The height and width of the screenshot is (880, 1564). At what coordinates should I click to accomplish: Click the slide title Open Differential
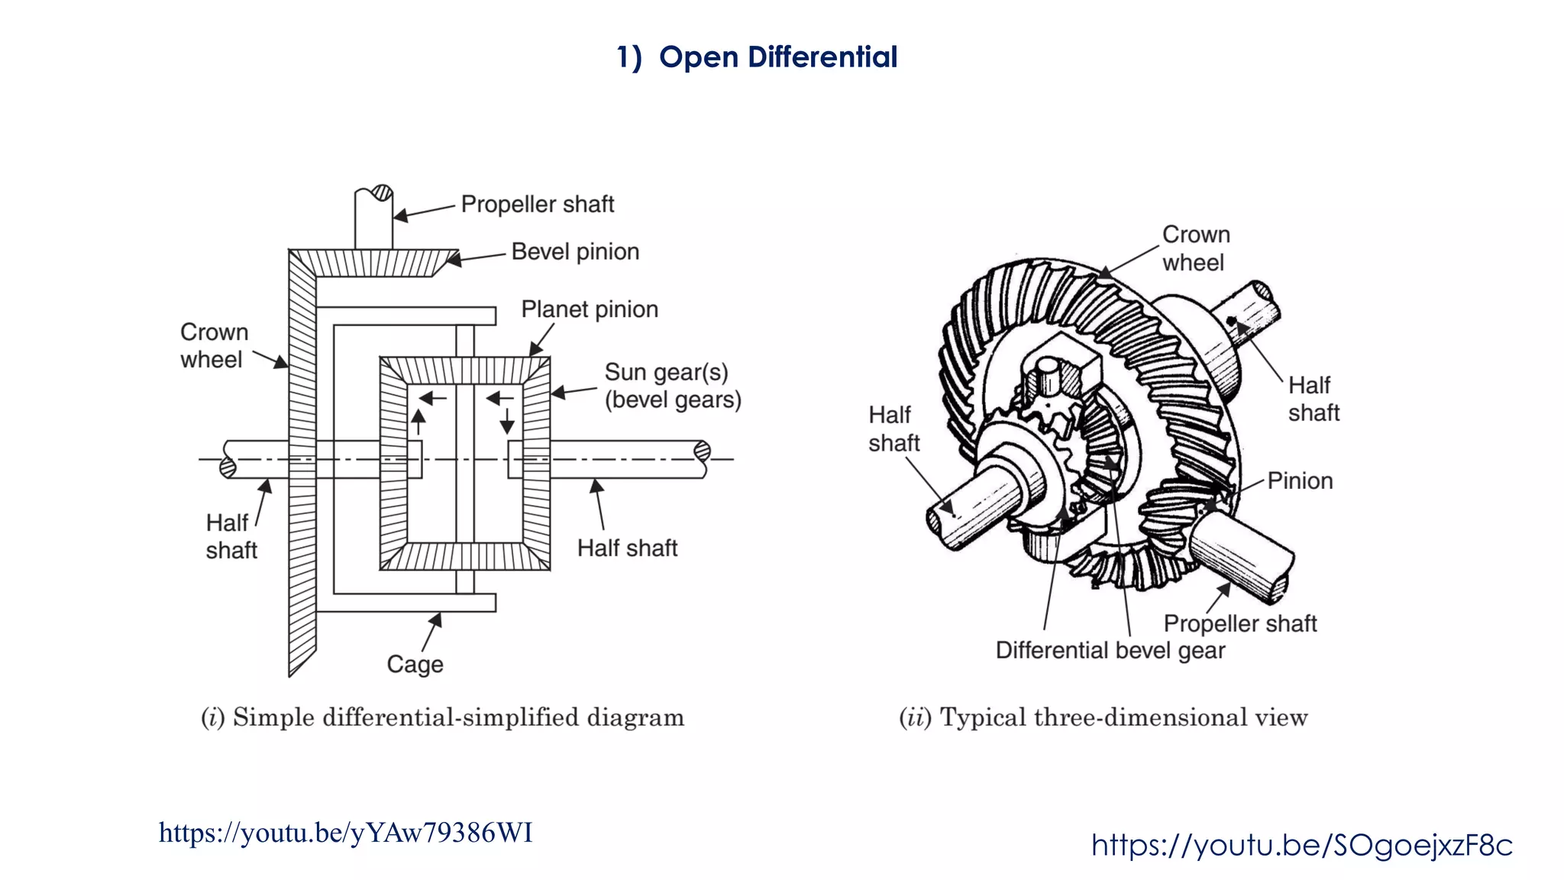[x=757, y=57]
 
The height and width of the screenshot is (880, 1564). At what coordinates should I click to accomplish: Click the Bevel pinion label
[x=575, y=251]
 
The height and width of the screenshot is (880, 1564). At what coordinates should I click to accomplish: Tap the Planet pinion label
[x=589, y=309]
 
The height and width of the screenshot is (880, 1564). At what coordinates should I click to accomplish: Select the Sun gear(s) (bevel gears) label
[x=672, y=386]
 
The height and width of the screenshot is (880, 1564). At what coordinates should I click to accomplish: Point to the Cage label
[x=415, y=664]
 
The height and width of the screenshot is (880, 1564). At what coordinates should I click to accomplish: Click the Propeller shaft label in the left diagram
[x=537, y=204]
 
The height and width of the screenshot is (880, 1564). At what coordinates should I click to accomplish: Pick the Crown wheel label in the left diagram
[x=214, y=345]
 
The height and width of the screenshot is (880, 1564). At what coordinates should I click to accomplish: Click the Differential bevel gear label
[x=1110, y=650]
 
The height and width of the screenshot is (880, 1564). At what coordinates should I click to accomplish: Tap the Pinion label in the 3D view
[x=1300, y=480]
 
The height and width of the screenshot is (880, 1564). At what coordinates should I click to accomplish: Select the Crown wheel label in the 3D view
[x=1195, y=248]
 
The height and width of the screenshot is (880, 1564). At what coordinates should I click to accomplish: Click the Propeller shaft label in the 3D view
[x=1239, y=623]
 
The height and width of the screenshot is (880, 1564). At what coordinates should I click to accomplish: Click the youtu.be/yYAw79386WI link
[x=345, y=833]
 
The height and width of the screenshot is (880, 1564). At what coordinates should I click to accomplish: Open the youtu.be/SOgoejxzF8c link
[x=1301, y=845]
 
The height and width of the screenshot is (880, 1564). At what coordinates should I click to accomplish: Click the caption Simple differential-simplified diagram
[x=442, y=717]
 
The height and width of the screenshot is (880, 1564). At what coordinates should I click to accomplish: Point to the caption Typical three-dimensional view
[x=1103, y=717]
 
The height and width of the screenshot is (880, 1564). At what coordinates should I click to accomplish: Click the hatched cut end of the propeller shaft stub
[x=381, y=192]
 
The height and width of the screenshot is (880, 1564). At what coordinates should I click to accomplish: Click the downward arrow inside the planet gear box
[x=507, y=422]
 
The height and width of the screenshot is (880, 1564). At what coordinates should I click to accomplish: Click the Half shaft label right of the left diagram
[x=627, y=548]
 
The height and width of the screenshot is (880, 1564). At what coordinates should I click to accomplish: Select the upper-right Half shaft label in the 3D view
[x=1313, y=399]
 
